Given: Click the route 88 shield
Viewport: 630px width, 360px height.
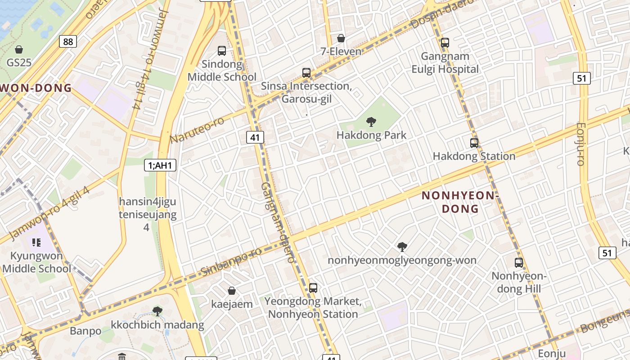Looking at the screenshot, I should click(67, 42).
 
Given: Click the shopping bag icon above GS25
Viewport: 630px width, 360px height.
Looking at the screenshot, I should click(19, 49).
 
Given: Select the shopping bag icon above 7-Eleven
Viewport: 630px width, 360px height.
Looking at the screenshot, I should click(341, 38).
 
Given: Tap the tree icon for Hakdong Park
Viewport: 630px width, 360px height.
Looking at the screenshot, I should click(371, 121).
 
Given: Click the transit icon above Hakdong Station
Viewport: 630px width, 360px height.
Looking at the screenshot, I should click(474, 143).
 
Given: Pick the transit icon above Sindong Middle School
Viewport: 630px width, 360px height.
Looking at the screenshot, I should click(222, 51).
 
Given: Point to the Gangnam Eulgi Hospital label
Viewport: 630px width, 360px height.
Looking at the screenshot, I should click(445, 63).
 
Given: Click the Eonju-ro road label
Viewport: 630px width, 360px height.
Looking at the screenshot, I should click(581, 144).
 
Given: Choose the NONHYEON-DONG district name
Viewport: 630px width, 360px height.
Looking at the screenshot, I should click(460, 202).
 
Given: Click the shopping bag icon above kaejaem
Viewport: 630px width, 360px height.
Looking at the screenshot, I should click(232, 291).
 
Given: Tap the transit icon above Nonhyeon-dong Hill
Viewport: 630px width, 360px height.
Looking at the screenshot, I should click(519, 263).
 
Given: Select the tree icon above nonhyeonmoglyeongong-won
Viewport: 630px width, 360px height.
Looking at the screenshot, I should click(402, 247).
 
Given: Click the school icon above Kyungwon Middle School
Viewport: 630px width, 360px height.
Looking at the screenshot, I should click(36, 243).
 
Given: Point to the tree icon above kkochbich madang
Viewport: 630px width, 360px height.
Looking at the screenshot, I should click(157, 311).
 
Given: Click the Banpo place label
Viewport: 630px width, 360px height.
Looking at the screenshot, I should click(85, 331).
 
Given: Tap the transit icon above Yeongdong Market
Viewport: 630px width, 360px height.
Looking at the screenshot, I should click(313, 288).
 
